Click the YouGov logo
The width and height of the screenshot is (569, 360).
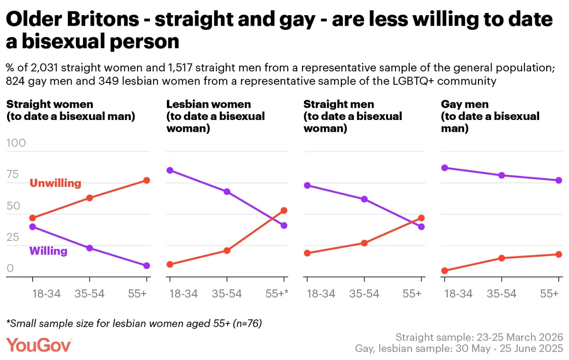click(x=38, y=345)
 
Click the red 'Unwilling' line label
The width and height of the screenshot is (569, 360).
click(x=55, y=183)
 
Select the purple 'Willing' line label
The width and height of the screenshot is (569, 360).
click(x=48, y=251)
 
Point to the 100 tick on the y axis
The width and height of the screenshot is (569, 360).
click(x=16, y=143)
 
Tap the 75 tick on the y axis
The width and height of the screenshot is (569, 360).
click(x=13, y=174)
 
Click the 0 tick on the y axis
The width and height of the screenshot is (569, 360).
click(x=10, y=268)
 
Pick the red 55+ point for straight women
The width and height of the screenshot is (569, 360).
click(x=147, y=180)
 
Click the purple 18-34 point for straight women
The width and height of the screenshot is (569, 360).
click(x=33, y=227)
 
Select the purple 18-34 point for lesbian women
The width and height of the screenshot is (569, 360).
click(x=170, y=170)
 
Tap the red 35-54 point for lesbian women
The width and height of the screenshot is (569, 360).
click(x=227, y=250)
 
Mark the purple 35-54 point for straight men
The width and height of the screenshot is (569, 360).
click(x=364, y=199)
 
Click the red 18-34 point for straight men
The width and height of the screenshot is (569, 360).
click(x=307, y=253)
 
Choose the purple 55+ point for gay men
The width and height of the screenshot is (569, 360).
click(x=559, y=180)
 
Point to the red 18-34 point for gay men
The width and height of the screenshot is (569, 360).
click(x=445, y=270)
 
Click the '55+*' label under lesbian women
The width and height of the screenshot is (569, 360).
click(x=277, y=294)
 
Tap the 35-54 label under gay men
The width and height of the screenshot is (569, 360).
click(x=502, y=294)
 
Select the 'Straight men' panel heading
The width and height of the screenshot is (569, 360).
click(x=339, y=104)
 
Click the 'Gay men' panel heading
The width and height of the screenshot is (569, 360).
click(x=465, y=104)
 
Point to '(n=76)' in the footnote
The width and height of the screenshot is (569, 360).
click(x=248, y=323)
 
